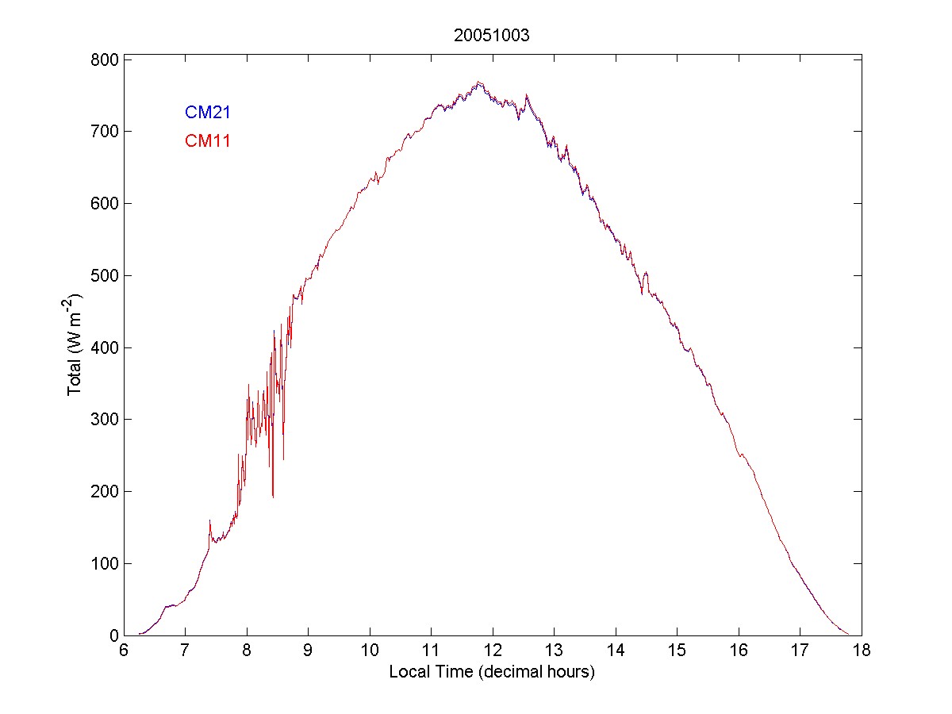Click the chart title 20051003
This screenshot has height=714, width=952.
pos(492,35)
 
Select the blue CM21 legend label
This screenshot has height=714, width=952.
pos(207,112)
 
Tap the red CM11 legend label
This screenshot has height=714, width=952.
pos(207,141)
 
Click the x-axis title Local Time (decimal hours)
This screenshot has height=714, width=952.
pos(492,672)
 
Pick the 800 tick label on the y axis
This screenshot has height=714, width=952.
pos(103,59)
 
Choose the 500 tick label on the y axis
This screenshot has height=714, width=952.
pos(103,275)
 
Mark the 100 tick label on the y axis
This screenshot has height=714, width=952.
pos(103,563)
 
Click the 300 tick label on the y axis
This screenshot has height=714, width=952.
pos(103,420)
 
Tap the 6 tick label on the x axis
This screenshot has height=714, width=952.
pos(124,651)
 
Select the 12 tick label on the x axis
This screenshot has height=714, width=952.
pos(493,651)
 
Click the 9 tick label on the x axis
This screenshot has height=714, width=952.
pos(308,651)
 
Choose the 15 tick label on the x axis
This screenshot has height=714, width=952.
pos(677,651)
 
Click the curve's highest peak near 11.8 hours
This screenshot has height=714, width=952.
pos(478,82)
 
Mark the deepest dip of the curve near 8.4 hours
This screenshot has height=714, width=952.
pos(273,497)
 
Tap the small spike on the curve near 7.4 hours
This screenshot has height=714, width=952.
pos(209,520)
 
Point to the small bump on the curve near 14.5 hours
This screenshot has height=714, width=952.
pos(647,273)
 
